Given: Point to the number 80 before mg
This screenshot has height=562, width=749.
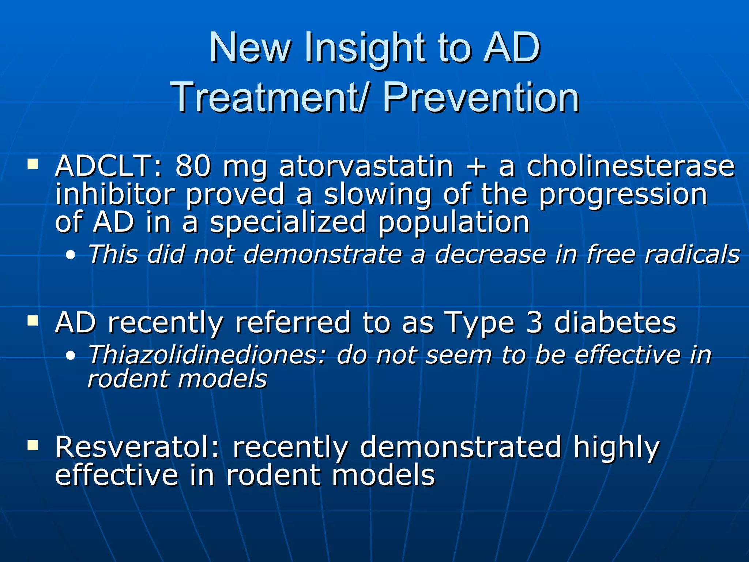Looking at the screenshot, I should click(193, 166).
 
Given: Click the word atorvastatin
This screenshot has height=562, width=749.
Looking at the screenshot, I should click(366, 166).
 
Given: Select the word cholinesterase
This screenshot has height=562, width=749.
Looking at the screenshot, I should click(630, 166).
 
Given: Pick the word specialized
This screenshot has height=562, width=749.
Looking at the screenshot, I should click(288, 222).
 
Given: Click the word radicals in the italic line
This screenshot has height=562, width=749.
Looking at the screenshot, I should click(692, 254).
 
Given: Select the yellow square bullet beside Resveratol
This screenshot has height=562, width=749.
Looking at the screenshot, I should click(33, 445).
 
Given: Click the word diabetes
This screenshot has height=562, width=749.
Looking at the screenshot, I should click(615, 323).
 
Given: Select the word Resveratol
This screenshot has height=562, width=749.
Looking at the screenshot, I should click(138, 447).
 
